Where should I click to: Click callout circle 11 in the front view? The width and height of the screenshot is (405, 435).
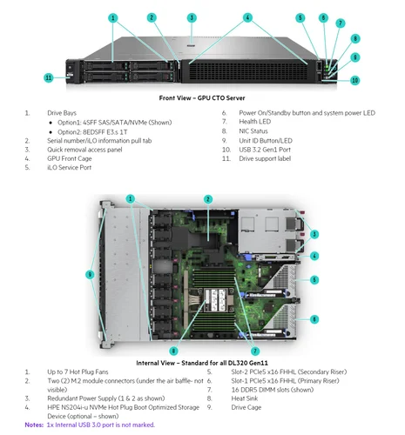[49, 77]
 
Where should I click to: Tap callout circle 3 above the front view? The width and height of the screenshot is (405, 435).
[192, 17]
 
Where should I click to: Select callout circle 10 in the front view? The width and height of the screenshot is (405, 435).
[355, 80]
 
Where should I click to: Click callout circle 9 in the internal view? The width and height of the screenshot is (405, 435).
[90, 274]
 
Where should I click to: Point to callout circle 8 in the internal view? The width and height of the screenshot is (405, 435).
[173, 351]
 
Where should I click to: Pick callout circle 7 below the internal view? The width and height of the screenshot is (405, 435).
[255, 351]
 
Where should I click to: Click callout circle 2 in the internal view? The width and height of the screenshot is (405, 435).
[208, 199]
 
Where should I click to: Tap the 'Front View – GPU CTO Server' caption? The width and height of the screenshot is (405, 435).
[202, 98]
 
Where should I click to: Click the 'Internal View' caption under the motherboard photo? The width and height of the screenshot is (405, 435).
[202, 363]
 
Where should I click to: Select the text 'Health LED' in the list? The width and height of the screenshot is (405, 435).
[255, 122]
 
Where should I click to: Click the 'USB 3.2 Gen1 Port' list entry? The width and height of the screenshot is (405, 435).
[265, 150]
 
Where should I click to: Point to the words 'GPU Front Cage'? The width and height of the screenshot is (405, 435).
[70, 158]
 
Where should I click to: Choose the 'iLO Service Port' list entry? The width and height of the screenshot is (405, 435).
[69, 167]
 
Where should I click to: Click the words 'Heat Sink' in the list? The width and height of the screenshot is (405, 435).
[245, 398]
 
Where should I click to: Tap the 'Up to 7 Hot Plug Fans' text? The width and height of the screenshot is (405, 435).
[78, 371]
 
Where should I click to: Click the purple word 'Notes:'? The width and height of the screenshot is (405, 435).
[34, 425]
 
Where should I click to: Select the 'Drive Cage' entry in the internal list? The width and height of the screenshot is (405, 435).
[246, 407]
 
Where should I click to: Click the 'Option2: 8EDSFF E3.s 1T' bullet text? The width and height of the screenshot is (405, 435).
[92, 132]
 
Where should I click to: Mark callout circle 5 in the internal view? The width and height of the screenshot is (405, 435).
[314, 280]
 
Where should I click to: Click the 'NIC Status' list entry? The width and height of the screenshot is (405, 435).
[253, 131]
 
